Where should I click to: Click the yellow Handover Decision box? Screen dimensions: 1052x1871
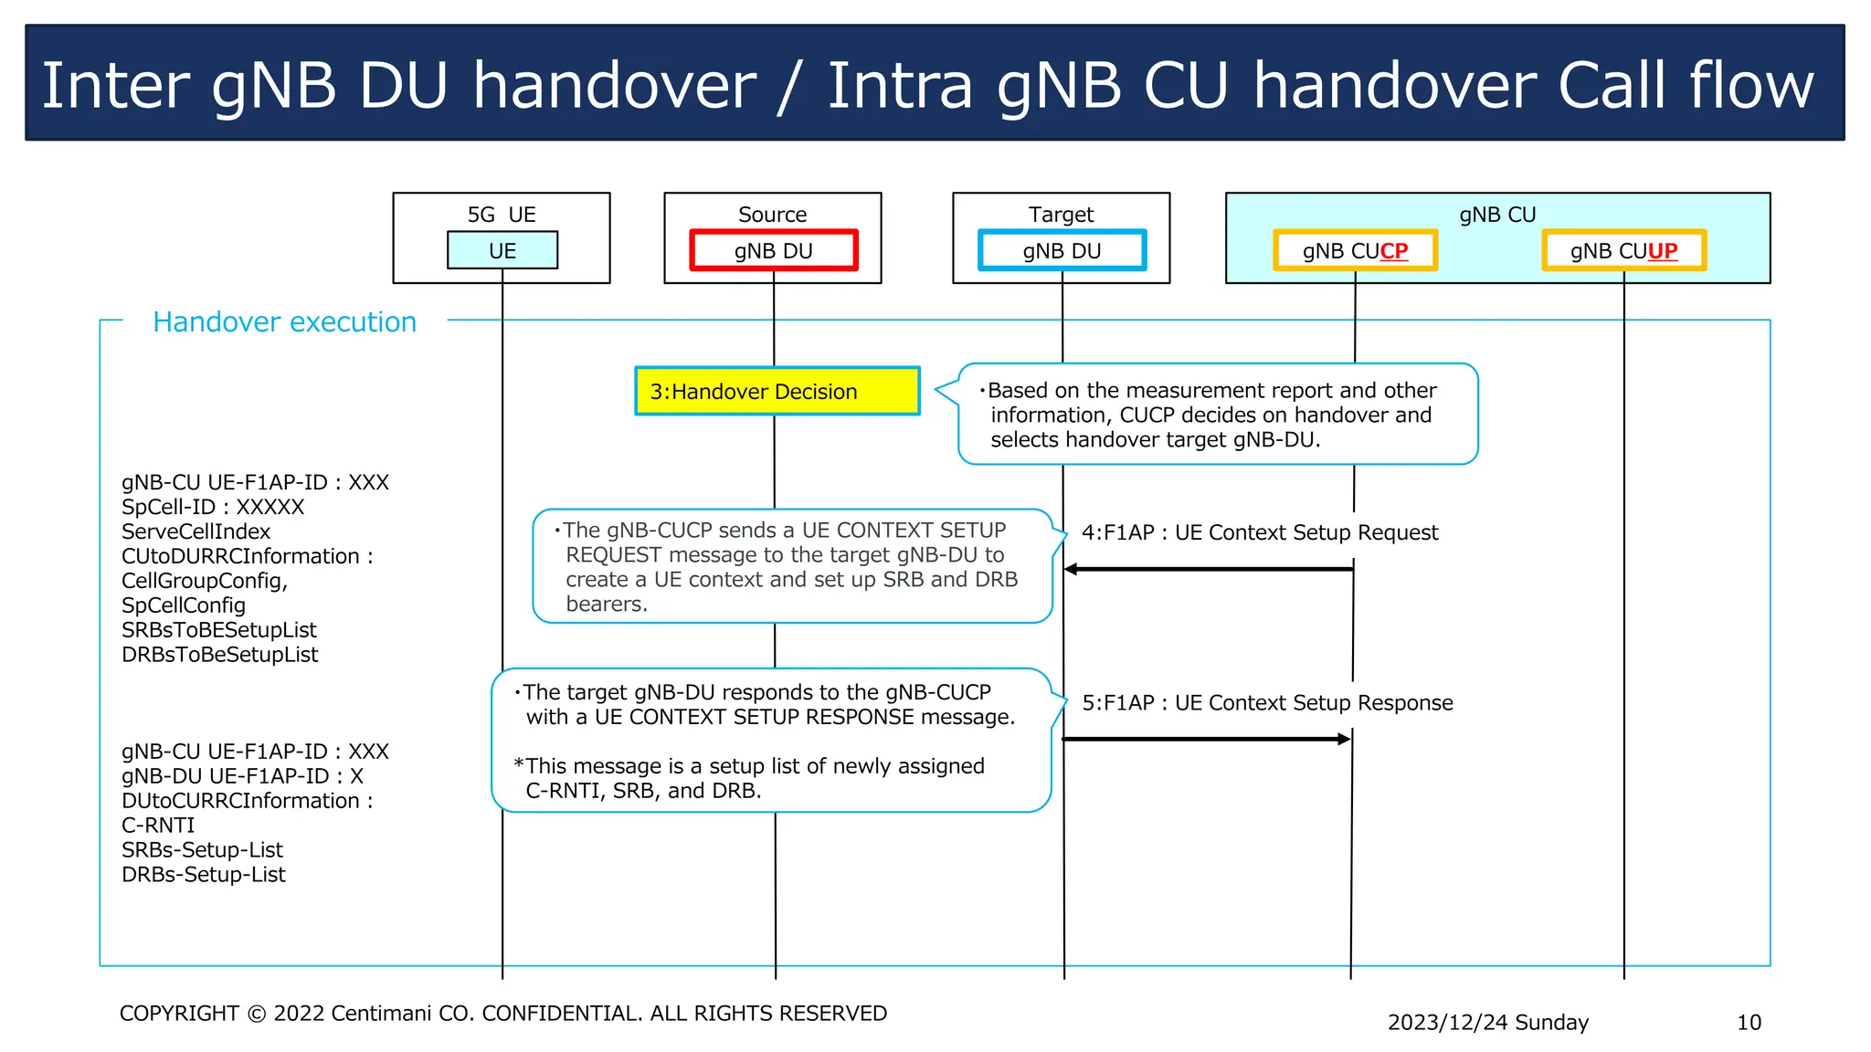coord(777,392)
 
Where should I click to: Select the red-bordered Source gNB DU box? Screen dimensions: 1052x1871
coord(773,251)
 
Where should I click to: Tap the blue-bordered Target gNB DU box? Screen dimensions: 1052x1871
coord(1062,251)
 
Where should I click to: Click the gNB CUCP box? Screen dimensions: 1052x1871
coord(1355,251)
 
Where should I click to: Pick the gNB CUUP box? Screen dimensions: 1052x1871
coord(1623,251)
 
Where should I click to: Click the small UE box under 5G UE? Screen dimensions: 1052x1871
coord(502,251)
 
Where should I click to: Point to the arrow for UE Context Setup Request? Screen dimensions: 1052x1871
coord(1208,569)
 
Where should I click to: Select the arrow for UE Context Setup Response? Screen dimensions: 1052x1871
coord(1206,739)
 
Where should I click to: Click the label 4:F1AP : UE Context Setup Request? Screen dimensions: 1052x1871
coord(1259,532)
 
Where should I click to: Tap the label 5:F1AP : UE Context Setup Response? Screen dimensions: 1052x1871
coord(1266,703)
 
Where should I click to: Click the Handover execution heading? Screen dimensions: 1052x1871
coord(284,322)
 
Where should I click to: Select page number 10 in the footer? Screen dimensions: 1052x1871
coord(1749,1023)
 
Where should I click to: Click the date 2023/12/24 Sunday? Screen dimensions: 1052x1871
coord(1487,1023)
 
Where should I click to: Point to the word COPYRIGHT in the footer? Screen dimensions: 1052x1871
coord(179,1014)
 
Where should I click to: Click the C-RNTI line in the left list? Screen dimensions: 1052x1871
coord(158,826)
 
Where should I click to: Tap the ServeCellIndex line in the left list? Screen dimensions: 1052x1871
coord(196,531)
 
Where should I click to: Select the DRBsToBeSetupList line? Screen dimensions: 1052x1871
coord(219,655)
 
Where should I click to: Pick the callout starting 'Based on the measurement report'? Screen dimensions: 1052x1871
coord(1217,415)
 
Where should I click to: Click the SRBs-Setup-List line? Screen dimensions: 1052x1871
coord(202,850)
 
